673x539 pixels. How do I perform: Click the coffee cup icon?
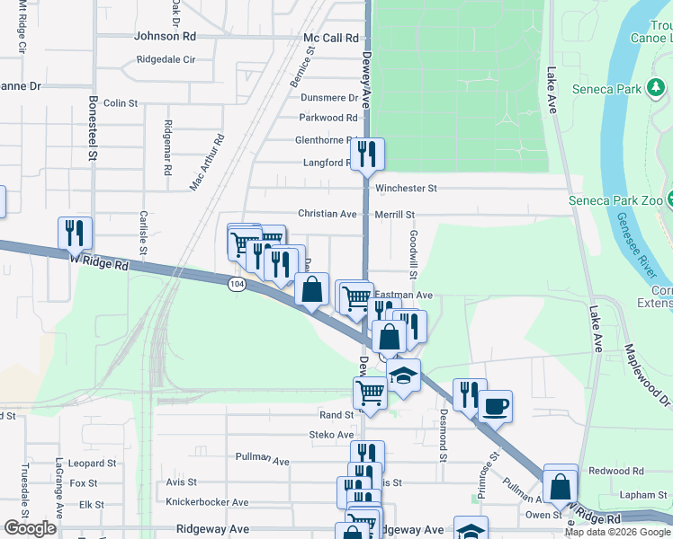[x=495, y=406]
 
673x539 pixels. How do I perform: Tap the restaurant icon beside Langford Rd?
[x=367, y=154]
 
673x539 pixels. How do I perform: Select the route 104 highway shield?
[x=236, y=284]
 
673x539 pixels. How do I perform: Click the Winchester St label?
[x=406, y=189]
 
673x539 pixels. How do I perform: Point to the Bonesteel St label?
[x=92, y=128]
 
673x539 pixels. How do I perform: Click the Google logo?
[x=30, y=528]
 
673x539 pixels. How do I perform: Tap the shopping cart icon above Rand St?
[x=370, y=393]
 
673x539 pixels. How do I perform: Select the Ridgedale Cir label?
[x=166, y=60]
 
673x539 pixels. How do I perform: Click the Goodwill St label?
[x=415, y=254]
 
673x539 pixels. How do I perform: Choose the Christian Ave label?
[x=328, y=214]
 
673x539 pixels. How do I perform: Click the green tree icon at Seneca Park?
[x=658, y=88]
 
